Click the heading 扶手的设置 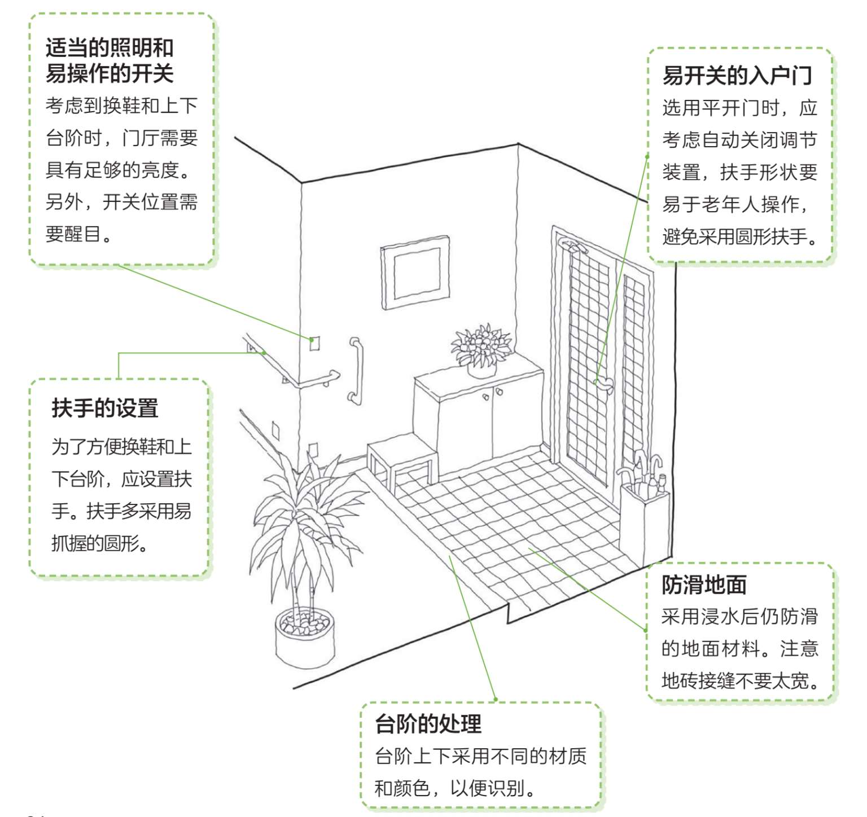[105, 407]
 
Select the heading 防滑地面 [704, 585]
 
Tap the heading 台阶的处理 [428, 723]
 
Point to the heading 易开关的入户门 [737, 75]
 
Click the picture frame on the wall [416, 273]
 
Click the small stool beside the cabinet [402, 458]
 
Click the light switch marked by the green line [314, 342]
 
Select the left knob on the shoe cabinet [485, 397]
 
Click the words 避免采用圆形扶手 [739, 236]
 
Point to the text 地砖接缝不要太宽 [739, 680]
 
